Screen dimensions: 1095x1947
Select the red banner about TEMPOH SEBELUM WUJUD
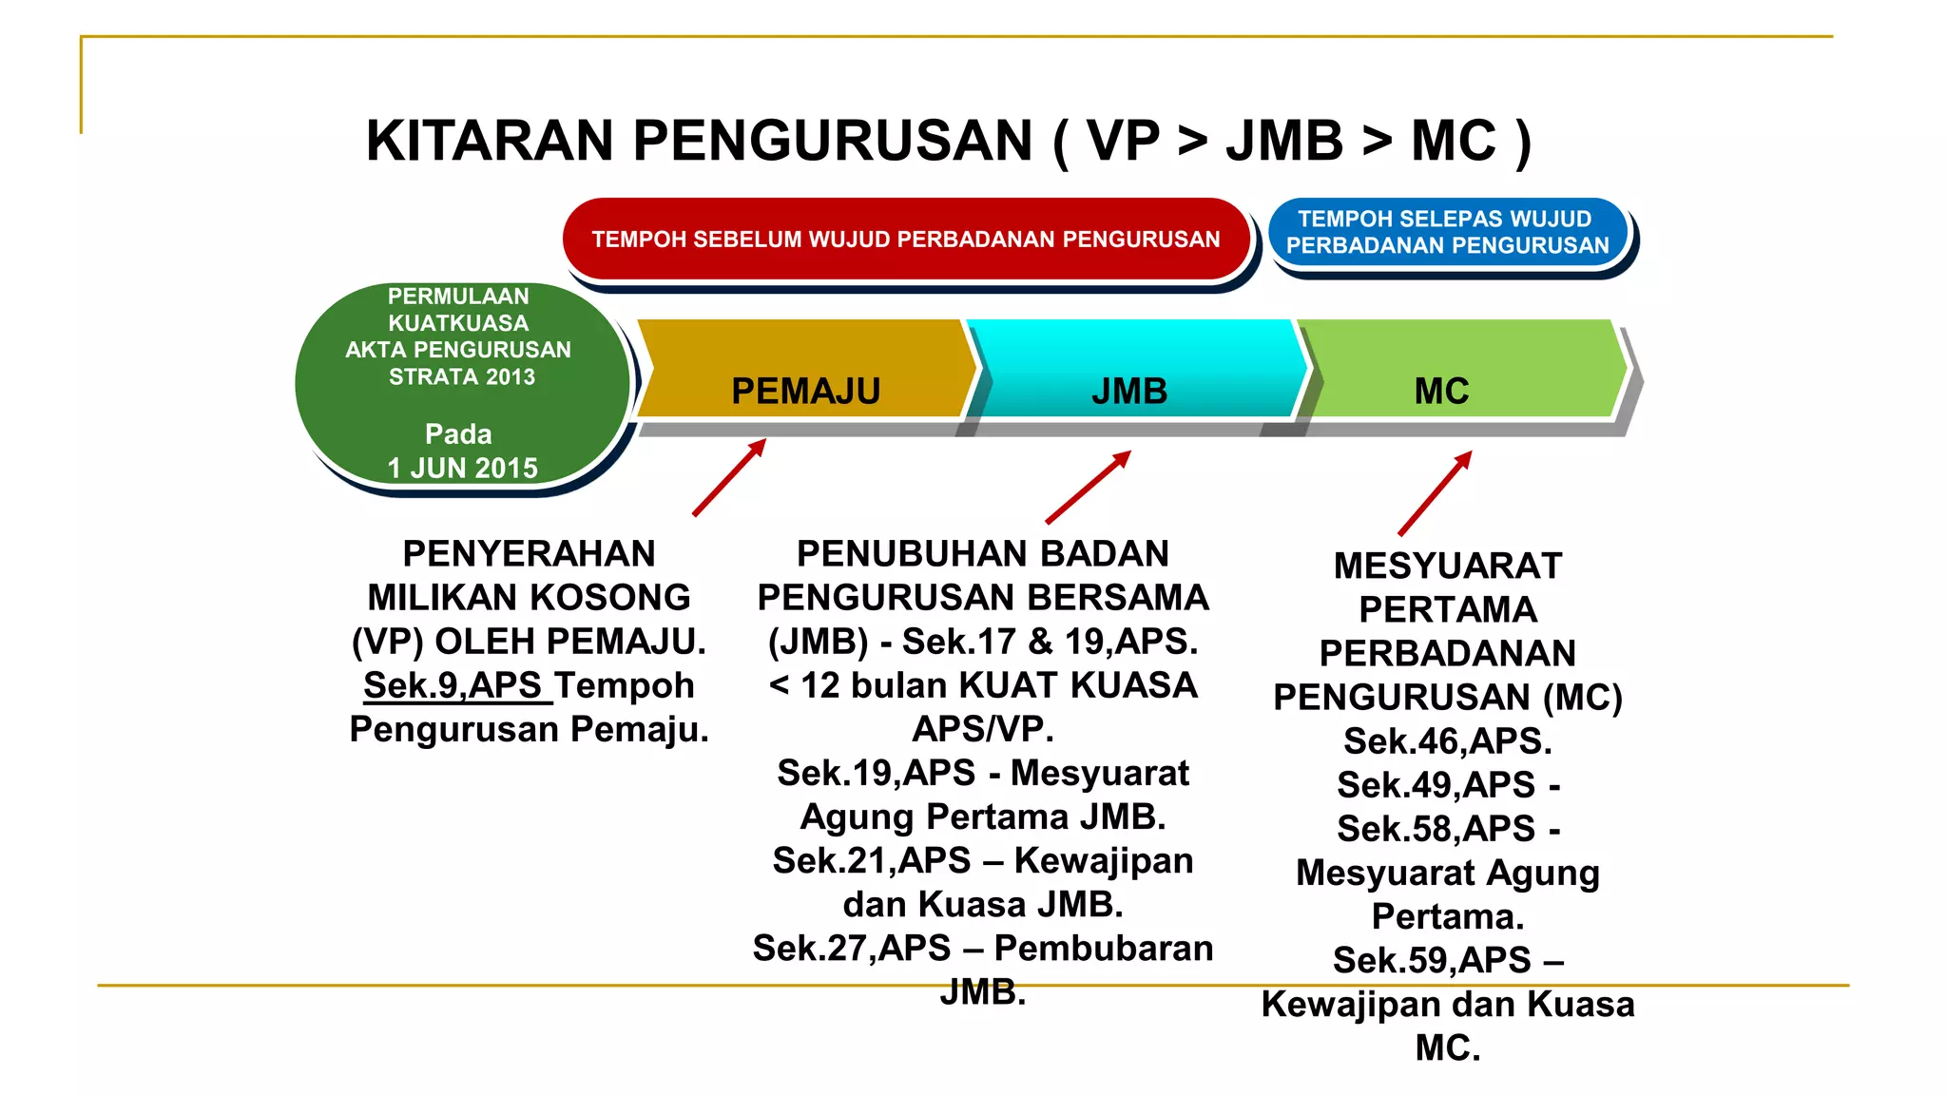point(905,239)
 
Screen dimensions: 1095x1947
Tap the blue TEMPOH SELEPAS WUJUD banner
point(1447,232)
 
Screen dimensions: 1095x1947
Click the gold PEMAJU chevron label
point(805,391)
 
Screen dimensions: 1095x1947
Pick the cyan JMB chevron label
point(1129,391)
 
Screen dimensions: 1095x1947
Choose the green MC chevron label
point(1441,391)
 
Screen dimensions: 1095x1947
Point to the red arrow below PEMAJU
point(729,477)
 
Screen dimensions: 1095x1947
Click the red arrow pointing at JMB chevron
point(1088,487)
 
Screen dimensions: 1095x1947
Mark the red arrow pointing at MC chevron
point(1435,492)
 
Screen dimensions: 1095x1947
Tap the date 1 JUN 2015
point(462,468)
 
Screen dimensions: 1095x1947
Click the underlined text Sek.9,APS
point(453,685)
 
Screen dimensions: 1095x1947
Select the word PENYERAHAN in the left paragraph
point(529,553)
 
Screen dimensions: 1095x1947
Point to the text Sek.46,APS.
point(1447,740)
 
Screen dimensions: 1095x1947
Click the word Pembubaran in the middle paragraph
point(1104,948)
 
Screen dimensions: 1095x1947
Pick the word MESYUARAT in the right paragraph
point(1447,566)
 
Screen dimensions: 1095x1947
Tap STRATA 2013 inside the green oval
point(462,376)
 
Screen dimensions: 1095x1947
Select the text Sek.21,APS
point(871,860)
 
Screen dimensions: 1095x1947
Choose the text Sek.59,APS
point(1432,960)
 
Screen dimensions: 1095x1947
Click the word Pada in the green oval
point(458,434)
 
